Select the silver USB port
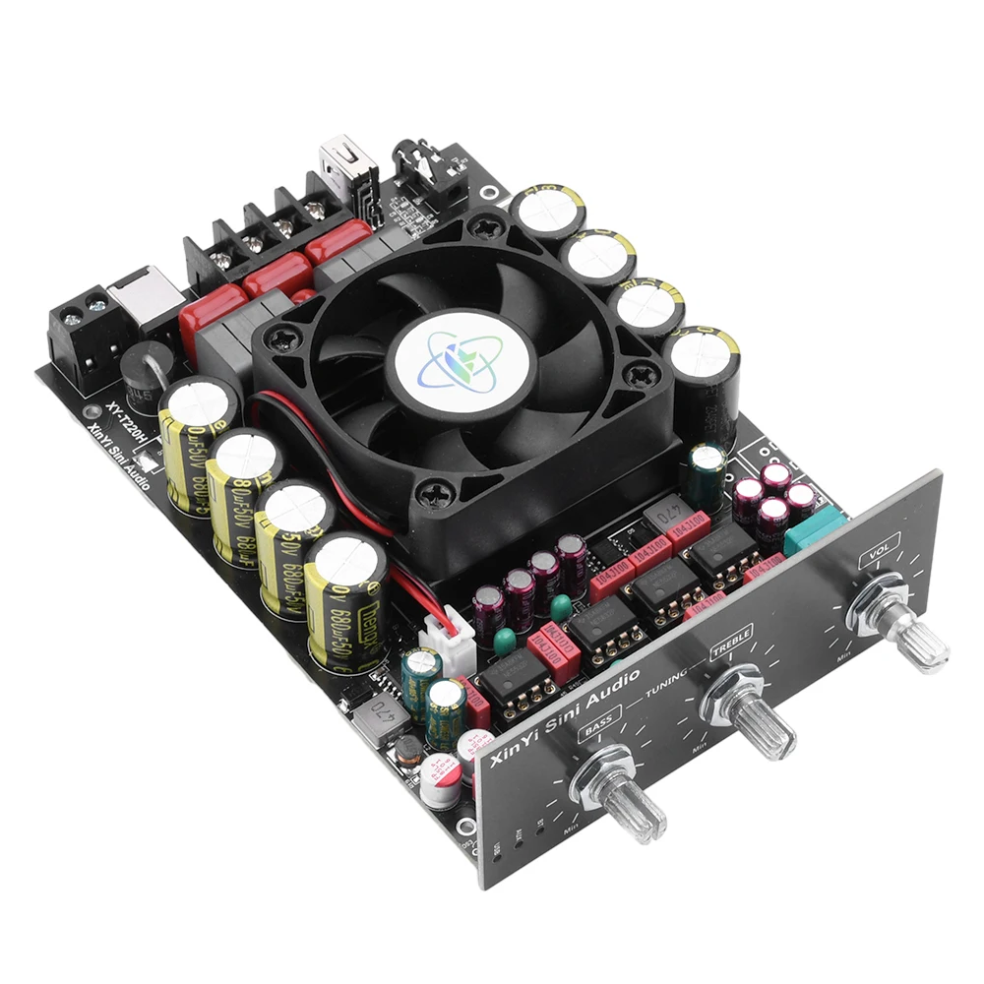(x=337, y=167)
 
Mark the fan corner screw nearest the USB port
(x=486, y=227)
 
